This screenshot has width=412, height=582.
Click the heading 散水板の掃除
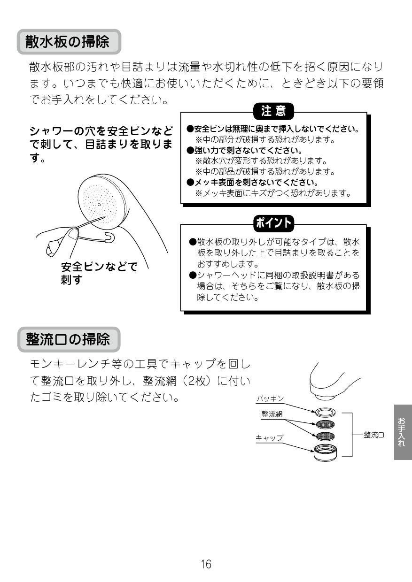69,42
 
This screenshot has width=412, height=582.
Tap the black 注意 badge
273,112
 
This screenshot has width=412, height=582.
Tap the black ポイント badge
273,222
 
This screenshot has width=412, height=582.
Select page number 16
206,564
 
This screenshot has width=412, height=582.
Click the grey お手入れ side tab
402,432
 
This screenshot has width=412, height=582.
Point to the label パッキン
270,398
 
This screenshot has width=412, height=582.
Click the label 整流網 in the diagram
272,414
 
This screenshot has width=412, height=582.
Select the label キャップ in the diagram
269,437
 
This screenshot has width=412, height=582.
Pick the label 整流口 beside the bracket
374,435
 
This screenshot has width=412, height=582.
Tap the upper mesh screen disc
325,424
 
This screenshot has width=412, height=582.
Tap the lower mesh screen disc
325,435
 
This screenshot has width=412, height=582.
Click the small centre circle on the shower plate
99,205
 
